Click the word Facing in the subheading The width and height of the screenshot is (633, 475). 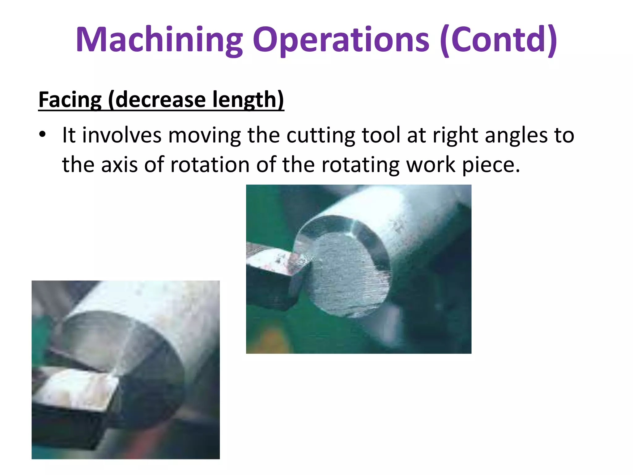pos(70,100)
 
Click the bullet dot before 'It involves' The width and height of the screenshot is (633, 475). pos(42,135)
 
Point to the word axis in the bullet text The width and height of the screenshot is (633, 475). pos(119,165)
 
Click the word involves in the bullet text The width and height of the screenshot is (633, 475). pos(122,135)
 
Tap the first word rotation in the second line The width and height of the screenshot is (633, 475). pos(210,165)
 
